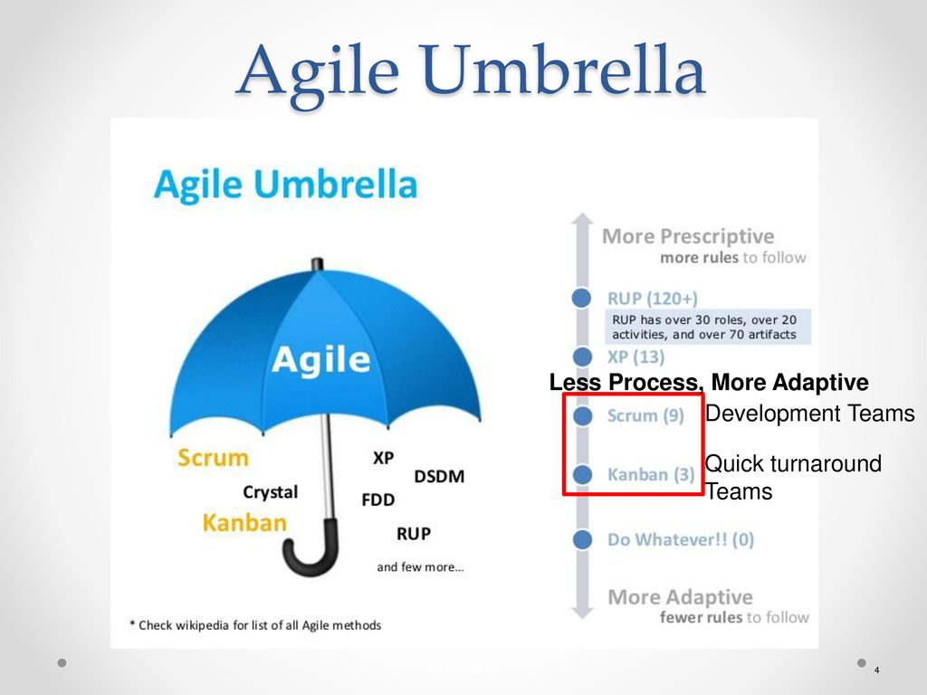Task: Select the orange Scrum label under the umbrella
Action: pos(213,458)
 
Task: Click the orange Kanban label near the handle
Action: pos(244,523)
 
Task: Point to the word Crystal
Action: pos(270,492)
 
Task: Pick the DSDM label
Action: pos(439,477)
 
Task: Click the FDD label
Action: pos(377,500)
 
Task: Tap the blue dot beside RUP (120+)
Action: pos(582,297)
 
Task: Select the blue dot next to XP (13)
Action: pos(582,357)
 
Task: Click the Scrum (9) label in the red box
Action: pos(645,416)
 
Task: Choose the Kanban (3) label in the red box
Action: pos(651,474)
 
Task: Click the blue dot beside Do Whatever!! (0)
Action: pos(582,539)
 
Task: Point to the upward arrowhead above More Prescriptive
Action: pos(582,219)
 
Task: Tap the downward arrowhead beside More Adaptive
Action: pos(583,613)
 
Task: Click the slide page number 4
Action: pos(876,670)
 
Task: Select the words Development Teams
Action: pos(810,414)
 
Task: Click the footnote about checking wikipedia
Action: pos(255,625)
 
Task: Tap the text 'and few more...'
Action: pos(420,567)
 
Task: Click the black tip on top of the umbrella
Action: pos(318,264)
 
